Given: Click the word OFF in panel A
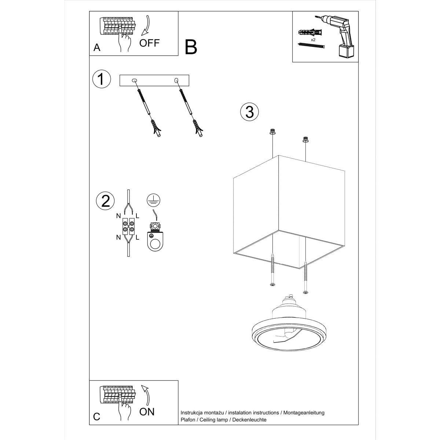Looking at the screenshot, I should [150, 43].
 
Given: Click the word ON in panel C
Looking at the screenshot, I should [147, 411].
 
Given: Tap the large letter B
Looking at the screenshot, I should [191, 47].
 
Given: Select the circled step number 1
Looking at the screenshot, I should [102, 79].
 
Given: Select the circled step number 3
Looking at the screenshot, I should [249, 112].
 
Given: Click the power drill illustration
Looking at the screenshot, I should [338, 37].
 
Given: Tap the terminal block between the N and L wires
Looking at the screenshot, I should [128, 226].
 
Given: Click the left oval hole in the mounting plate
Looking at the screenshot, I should [134, 80].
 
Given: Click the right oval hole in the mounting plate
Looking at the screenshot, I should [176, 80].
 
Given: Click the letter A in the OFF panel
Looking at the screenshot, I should [97, 48].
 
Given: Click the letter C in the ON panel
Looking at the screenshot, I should [97, 417].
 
